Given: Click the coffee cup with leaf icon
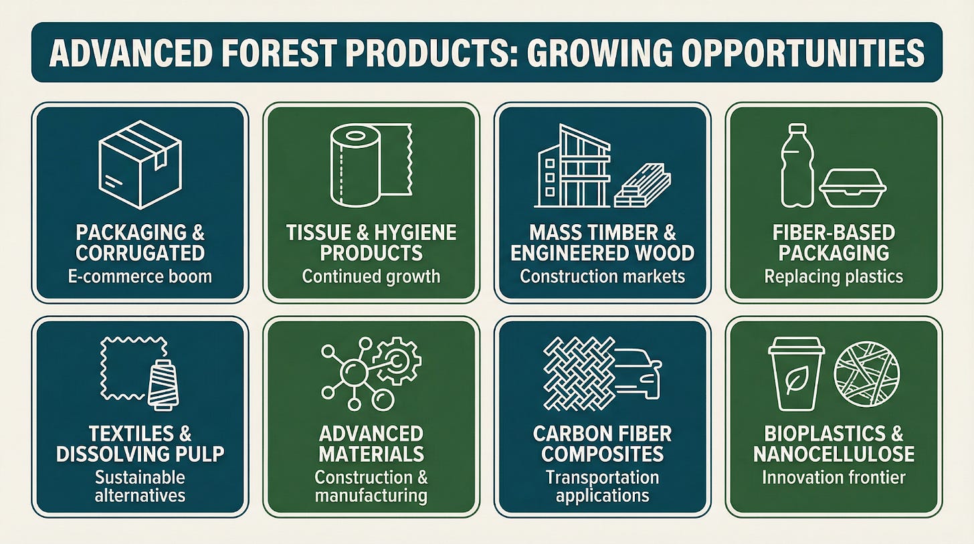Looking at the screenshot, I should (796, 373).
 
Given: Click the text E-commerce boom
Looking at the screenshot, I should (140, 276).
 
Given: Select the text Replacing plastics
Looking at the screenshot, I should (834, 276).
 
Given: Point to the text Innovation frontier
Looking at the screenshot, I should (834, 478).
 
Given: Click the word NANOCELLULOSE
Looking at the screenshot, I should (834, 454).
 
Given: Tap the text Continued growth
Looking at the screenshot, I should (371, 276).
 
